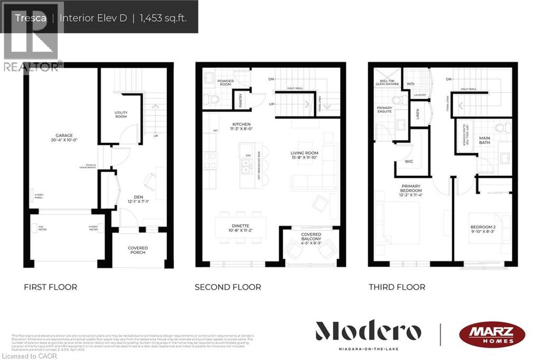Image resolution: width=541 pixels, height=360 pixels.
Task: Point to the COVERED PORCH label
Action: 138,250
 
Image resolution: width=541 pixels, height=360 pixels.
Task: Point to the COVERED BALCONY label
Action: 311,237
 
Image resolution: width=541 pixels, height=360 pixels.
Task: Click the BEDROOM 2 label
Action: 483,227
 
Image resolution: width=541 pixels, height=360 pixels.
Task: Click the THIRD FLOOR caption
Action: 397,287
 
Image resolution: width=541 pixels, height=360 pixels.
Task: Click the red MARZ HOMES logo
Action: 492,334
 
